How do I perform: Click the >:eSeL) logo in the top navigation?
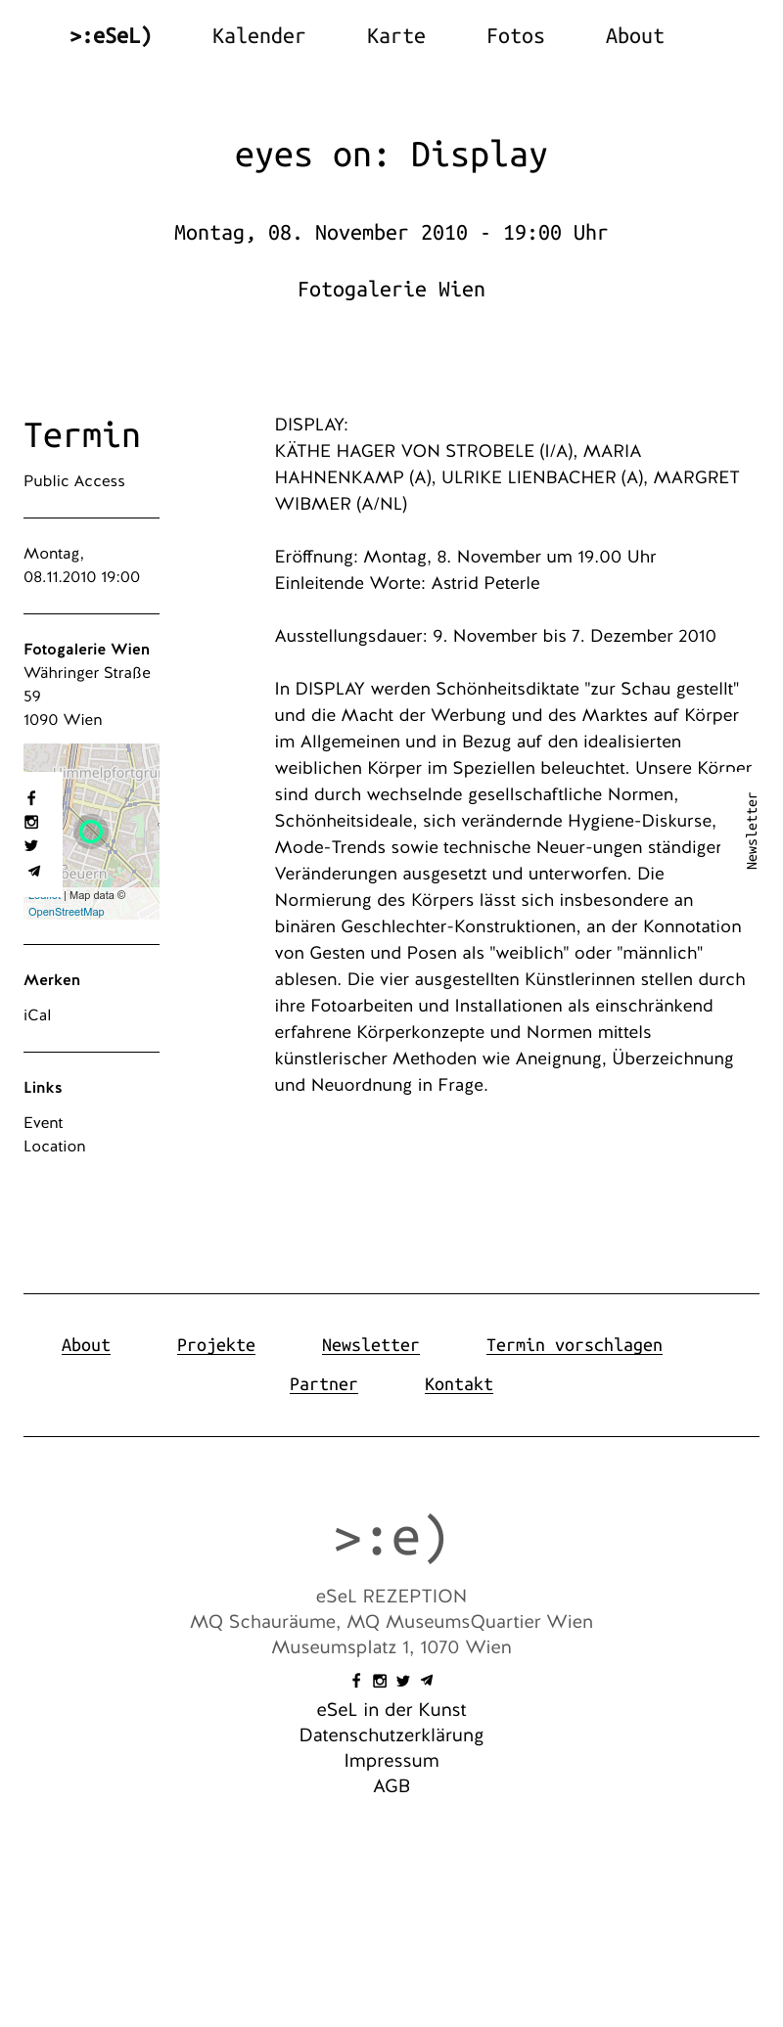pyautogui.click(x=111, y=36)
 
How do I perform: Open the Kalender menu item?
pyautogui.click(x=258, y=36)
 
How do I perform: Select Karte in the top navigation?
pyautogui.click(x=395, y=36)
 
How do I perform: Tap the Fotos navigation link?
pyautogui.click(x=515, y=36)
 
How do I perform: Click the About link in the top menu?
pyautogui.click(x=634, y=36)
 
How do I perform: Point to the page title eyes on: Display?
pyautogui.click(x=391, y=155)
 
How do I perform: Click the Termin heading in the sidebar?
pyautogui.click(x=82, y=435)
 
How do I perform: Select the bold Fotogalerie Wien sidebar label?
pyautogui.click(x=87, y=650)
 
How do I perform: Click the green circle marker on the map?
pyautogui.click(x=92, y=832)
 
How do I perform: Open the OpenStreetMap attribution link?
pyautogui.click(x=67, y=912)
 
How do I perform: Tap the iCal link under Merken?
pyautogui.click(x=37, y=1015)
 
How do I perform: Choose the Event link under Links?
pyautogui.click(x=43, y=1123)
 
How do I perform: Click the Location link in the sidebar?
pyautogui.click(x=55, y=1147)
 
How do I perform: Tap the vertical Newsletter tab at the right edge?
pyautogui.click(x=752, y=831)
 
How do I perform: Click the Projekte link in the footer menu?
pyautogui.click(x=216, y=1345)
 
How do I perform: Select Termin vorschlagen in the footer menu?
pyautogui.click(x=574, y=1345)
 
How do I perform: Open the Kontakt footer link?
pyautogui.click(x=458, y=1384)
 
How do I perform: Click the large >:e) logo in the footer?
pyautogui.click(x=391, y=1537)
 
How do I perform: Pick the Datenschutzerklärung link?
pyautogui.click(x=391, y=1735)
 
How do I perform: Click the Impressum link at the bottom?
pyautogui.click(x=391, y=1761)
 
